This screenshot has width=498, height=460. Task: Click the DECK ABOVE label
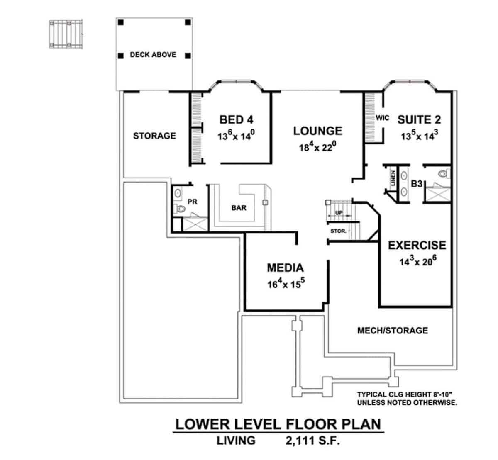click(153, 54)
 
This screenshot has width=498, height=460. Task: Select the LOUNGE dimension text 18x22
click(317, 147)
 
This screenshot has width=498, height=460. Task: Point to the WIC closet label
click(382, 118)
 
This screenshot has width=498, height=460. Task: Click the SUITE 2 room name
click(419, 120)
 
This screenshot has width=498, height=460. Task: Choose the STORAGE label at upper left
click(154, 136)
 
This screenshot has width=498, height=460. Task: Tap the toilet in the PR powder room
click(179, 209)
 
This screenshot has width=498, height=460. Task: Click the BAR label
click(239, 208)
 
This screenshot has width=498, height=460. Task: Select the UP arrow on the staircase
click(339, 213)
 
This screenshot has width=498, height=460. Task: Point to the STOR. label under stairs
click(338, 231)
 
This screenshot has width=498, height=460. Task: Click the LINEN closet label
click(393, 178)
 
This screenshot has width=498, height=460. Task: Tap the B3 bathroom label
click(416, 183)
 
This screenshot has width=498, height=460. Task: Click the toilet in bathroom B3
click(443, 174)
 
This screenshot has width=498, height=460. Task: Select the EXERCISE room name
click(417, 245)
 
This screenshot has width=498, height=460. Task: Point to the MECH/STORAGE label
click(392, 331)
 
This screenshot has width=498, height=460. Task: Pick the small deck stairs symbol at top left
click(66, 33)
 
